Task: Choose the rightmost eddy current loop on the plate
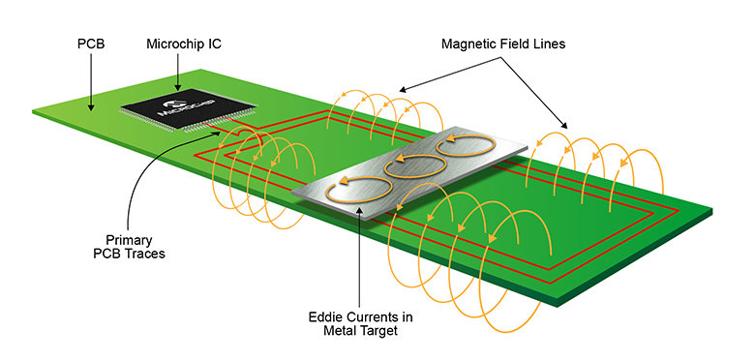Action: (468, 147)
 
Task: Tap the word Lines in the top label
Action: (548, 45)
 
